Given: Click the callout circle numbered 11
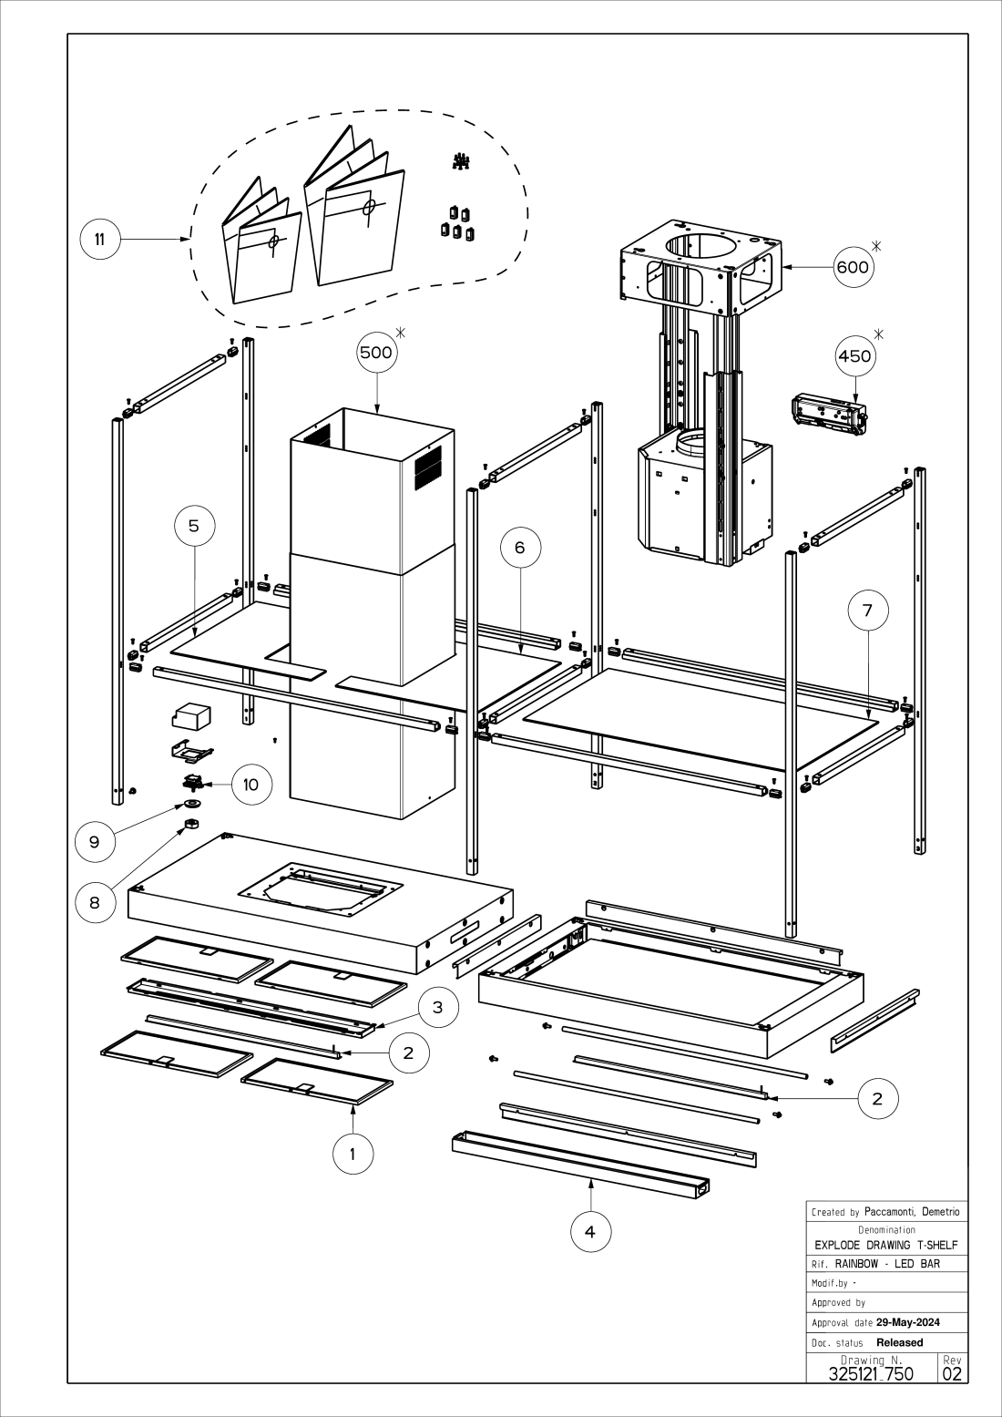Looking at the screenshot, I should [100, 240].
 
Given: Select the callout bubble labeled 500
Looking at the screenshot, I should [377, 354].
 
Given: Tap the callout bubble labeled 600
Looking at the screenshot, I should [854, 267].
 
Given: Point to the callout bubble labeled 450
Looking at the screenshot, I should [854, 356].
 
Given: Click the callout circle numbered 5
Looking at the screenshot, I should [194, 526].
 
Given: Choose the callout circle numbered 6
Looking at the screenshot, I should [520, 547].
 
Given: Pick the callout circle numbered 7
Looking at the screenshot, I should [867, 611].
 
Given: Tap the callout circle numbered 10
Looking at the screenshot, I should [251, 785].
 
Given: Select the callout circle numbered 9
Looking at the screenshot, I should [95, 842].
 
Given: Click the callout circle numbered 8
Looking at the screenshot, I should [95, 903].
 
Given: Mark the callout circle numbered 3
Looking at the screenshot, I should [438, 1008].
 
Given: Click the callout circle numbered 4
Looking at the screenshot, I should [590, 1232].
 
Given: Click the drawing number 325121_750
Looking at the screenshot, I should [871, 1373].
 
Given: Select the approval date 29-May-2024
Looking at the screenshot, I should [907, 1322].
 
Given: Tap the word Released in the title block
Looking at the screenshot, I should [899, 1342].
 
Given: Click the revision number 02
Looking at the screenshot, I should [952, 1373].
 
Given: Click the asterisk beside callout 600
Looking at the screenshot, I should [877, 245].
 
